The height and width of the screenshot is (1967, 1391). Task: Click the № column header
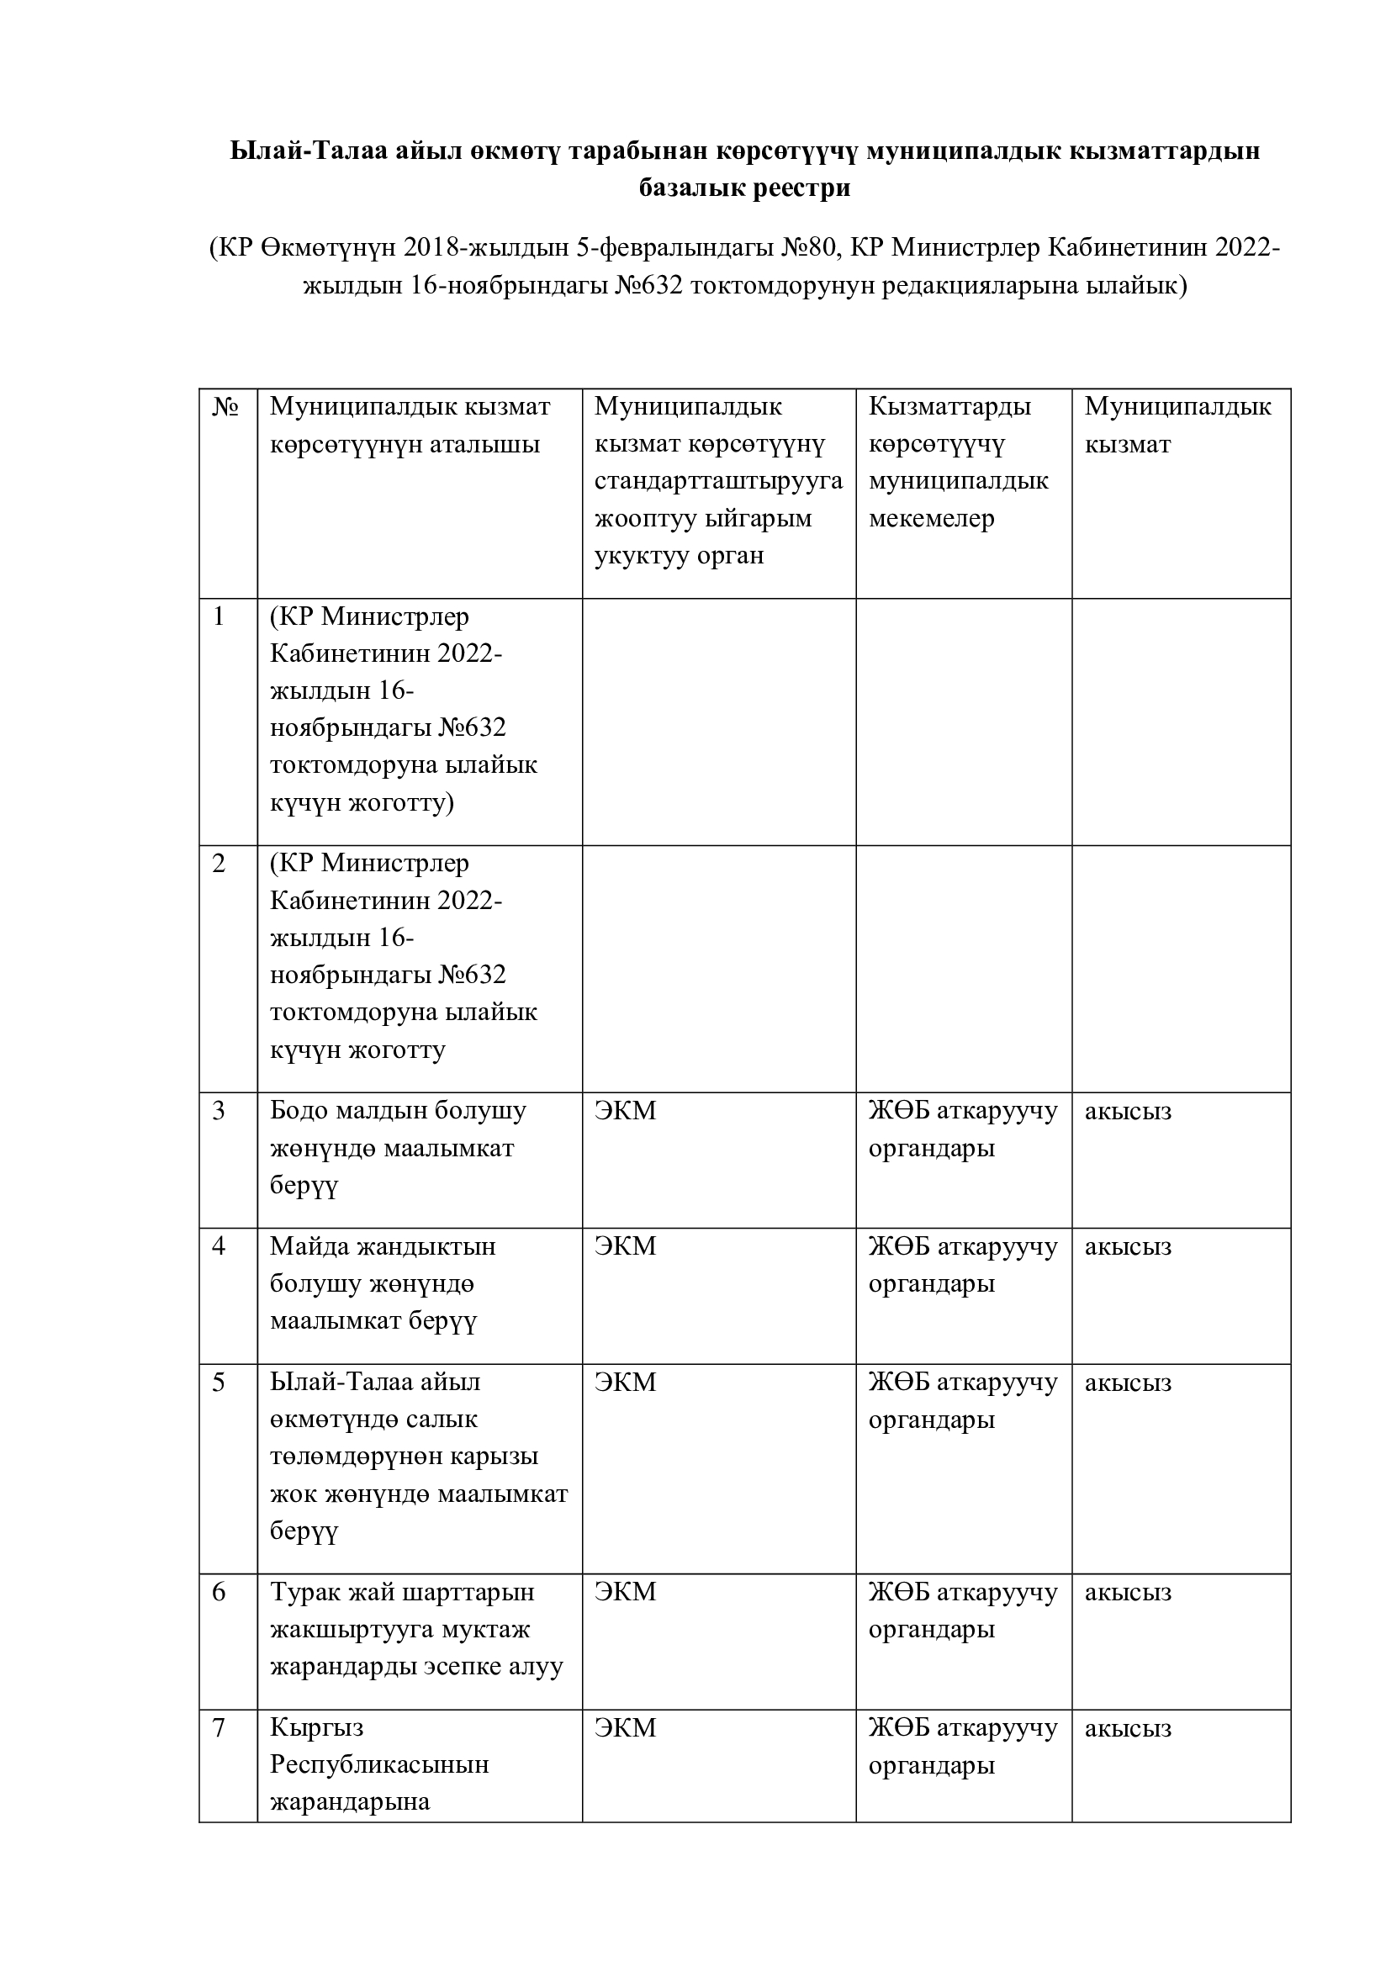coord(225,407)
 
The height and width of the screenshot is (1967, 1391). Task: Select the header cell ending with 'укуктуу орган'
coord(717,481)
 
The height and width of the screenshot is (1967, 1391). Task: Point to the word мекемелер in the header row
coord(931,518)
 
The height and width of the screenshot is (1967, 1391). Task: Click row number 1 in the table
coord(219,616)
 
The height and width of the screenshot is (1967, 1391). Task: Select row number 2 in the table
coord(219,864)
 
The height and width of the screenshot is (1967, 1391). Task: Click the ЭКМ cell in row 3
coord(625,1111)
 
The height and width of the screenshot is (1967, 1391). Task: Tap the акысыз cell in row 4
coord(1127,1247)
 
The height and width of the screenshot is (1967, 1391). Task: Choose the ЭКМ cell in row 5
coord(625,1383)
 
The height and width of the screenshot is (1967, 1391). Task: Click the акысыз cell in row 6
coord(1127,1593)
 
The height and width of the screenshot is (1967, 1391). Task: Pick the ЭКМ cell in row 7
coord(625,1729)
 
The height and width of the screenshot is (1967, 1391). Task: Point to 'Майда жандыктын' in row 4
coord(383,1246)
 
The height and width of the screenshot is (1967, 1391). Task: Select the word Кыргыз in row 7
coord(317,1729)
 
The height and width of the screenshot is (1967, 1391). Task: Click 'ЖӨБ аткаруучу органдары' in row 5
coord(963,1401)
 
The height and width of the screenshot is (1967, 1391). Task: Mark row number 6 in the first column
coord(219,1593)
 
